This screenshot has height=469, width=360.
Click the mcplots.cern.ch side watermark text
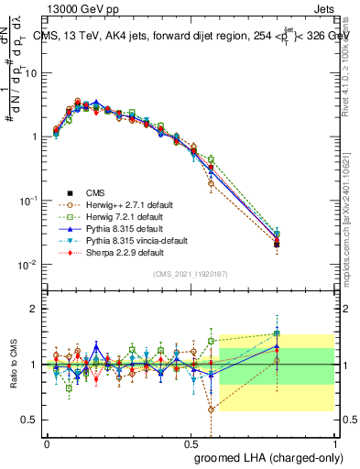[x=348, y=220]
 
